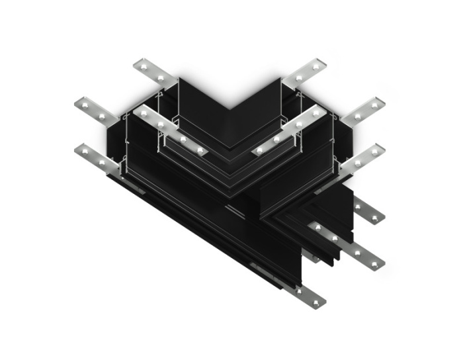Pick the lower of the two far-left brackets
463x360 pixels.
point(96,156)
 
